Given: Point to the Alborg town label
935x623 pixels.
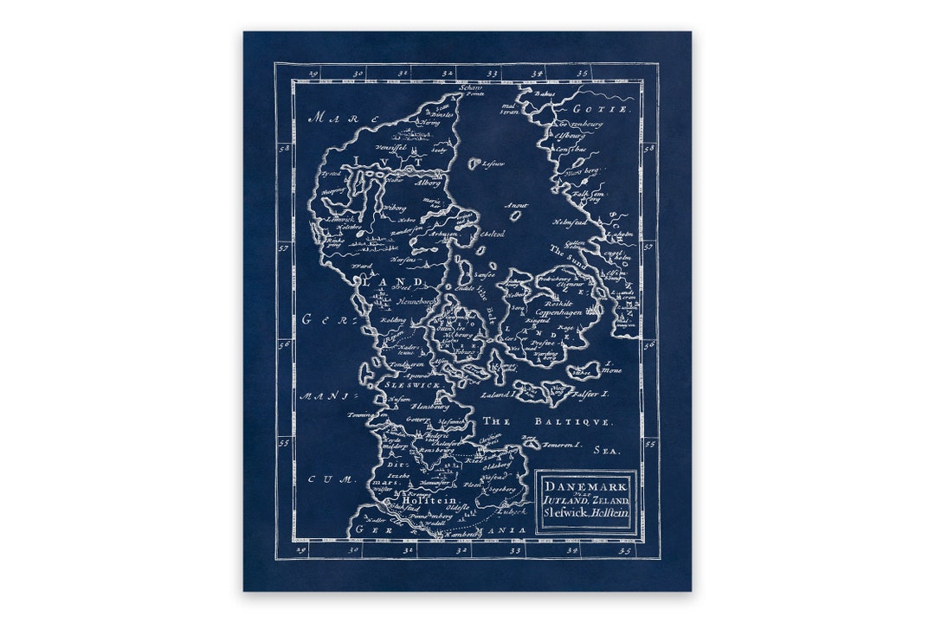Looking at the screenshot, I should point(427,183).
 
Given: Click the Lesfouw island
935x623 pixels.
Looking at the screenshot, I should point(474,163).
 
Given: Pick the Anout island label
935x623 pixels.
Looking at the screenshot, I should point(517,205).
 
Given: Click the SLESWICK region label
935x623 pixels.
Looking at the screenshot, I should point(414,382).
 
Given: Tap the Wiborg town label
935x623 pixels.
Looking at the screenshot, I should point(394,208).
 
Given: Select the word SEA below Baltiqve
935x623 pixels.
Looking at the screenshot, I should point(603,450).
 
